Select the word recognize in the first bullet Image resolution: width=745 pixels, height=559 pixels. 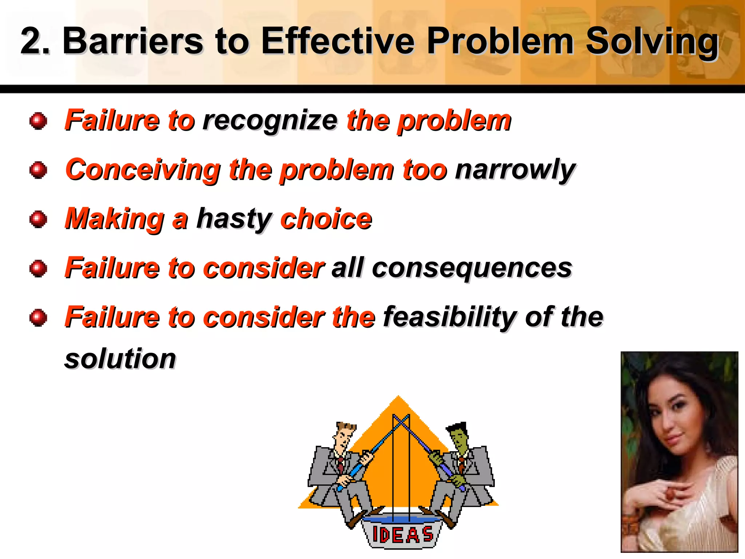(x=270, y=121)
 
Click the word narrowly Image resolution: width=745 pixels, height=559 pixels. (x=515, y=170)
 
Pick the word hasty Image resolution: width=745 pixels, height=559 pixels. (x=234, y=219)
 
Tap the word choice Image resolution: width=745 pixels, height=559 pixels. (x=326, y=219)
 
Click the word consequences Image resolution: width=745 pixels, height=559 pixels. (x=472, y=269)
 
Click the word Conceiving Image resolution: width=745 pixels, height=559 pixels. (x=143, y=170)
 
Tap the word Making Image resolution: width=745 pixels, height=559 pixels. (x=115, y=219)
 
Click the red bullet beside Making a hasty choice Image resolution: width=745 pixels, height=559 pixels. (x=38, y=219)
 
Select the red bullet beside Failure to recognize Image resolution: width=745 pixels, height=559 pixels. (x=38, y=121)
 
